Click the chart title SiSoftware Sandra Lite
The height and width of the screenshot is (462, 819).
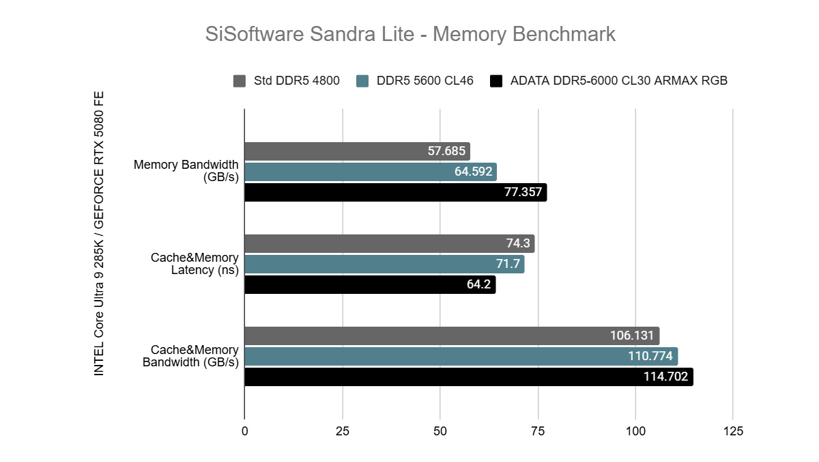[x=410, y=33]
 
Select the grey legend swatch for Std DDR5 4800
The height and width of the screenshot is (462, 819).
[x=240, y=81]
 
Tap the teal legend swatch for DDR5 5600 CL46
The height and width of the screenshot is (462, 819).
[x=363, y=81]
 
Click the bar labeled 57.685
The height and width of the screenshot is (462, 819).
[x=357, y=151]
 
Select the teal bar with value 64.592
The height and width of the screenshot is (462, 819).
[x=370, y=172]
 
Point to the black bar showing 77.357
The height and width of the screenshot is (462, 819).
[x=395, y=192]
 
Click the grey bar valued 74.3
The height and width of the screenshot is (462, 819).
[x=389, y=243]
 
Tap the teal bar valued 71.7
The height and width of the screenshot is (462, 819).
[x=384, y=264]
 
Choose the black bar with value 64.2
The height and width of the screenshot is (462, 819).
[x=369, y=284]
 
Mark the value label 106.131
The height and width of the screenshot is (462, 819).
[x=632, y=336]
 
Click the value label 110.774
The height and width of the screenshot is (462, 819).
[x=650, y=356]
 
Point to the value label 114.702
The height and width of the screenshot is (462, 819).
[x=665, y=377]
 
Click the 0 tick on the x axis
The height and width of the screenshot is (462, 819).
[x=245, y=432]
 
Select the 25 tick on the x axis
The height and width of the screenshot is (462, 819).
[x=343, y=432]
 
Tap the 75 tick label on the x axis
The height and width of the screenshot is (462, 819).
[x=538, y=432]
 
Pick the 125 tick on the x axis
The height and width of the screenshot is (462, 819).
[x=733, y=432]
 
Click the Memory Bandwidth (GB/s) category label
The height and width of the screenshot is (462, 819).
[x=186, y=171]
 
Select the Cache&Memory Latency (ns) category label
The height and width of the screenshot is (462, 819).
[x=195, y=264]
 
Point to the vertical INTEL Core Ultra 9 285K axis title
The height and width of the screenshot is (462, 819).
[x=99, y=232]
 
